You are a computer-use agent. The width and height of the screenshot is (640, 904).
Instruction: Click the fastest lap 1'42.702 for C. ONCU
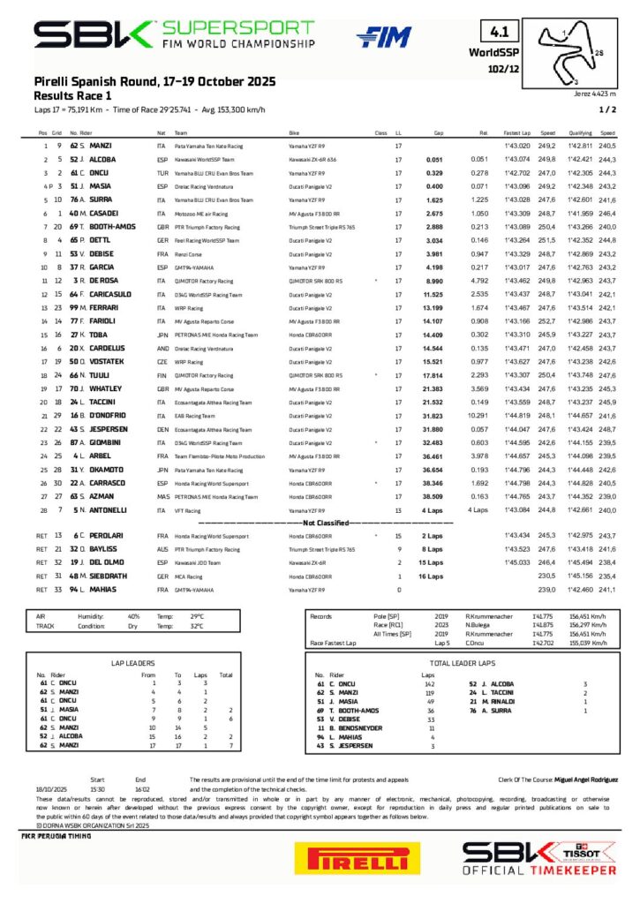click(x=516, y=175)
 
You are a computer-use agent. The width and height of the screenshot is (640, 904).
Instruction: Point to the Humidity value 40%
click(x=133, y=616)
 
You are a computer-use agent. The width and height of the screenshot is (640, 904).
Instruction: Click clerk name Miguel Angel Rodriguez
click(x=582, y=780)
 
